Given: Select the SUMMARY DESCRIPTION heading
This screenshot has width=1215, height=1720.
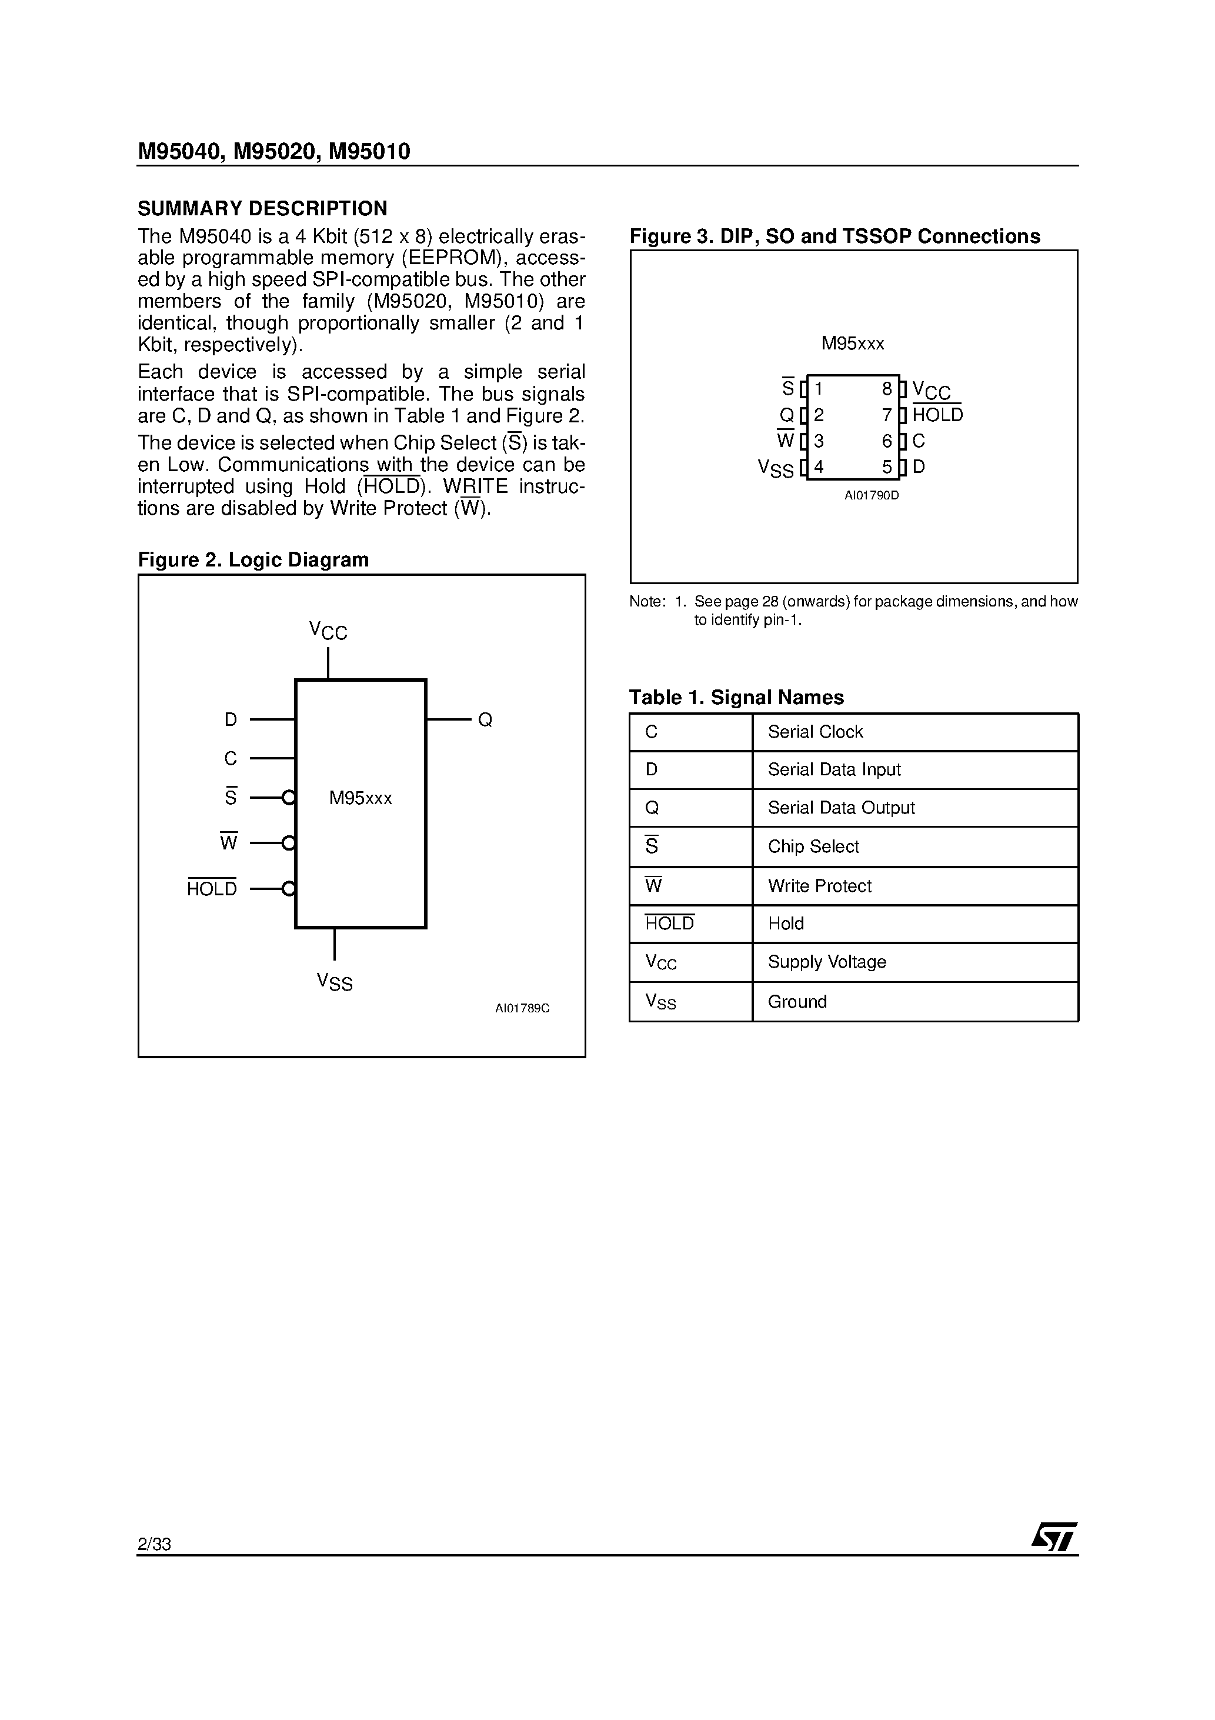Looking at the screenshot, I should (x=262, y=208).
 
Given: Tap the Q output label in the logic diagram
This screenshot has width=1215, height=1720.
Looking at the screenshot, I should (x=485, y=720).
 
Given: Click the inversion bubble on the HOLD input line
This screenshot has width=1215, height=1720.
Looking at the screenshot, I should (x=288, y=889).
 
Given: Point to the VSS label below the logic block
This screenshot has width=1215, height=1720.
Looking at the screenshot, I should (x=334, y=981).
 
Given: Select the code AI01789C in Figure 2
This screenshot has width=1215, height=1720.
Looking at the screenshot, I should (x=522, y=1008).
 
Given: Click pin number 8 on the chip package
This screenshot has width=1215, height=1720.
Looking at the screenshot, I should (x=887, y=389).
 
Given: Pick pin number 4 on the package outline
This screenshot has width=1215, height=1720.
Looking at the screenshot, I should (x=819, y=468).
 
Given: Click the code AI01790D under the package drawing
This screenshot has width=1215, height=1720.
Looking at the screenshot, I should (x=871, y=496).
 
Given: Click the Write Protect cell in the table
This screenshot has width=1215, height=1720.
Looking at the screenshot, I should (x=819, y=886).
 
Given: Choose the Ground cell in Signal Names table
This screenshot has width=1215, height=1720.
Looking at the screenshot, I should (x=797, y=1002).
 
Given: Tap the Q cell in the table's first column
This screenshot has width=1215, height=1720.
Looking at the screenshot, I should (x=652, y=808).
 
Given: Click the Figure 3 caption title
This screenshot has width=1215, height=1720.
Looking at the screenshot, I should (x=835, y=236).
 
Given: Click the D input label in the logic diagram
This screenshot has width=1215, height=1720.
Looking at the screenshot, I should (x=231, y=720).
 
